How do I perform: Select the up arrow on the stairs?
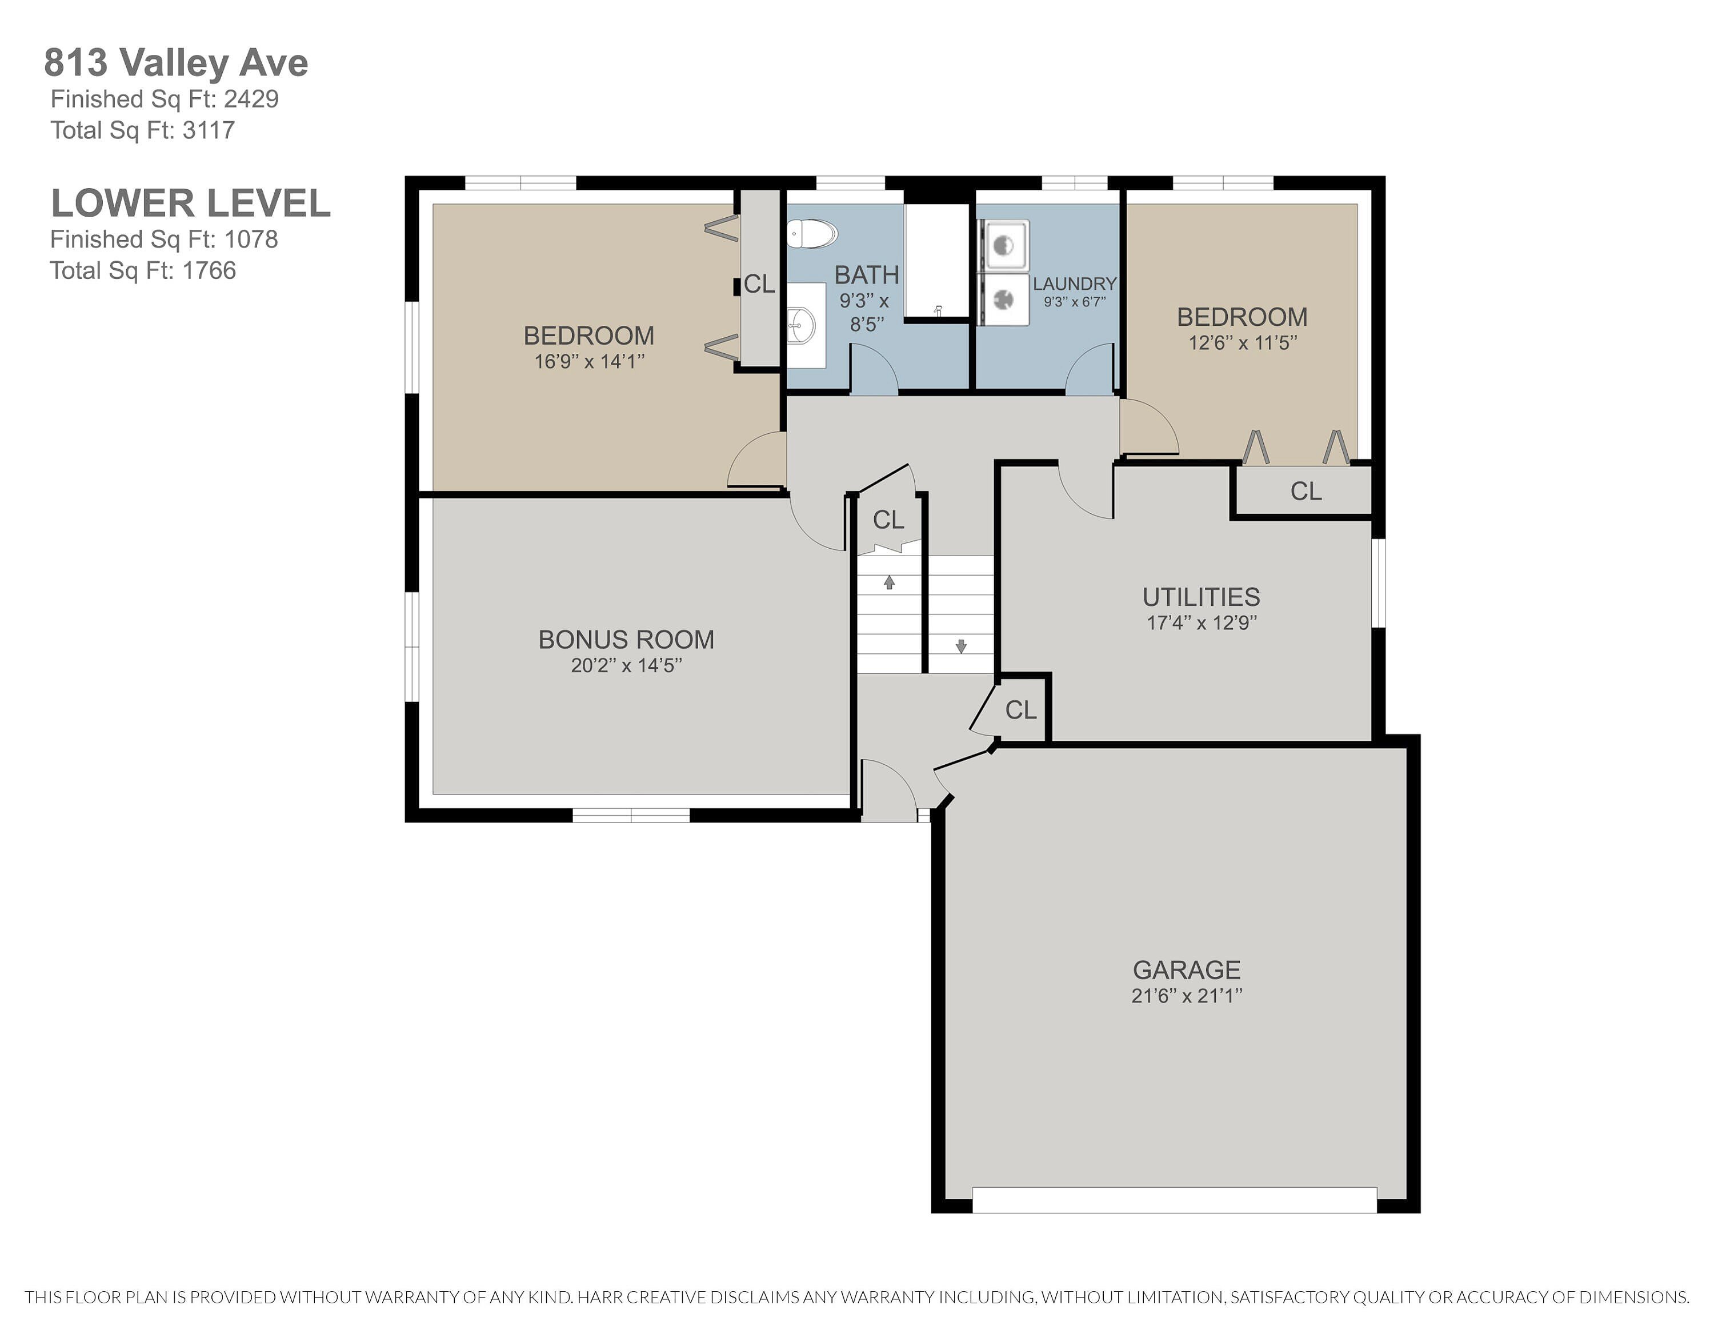pos(889,582)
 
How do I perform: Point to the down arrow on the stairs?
pos(960,646)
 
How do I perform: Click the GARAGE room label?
pos(1187,970)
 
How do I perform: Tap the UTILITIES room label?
pos(1201,597)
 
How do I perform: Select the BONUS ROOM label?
pos(626,640)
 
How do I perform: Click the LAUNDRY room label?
pos(1074,284)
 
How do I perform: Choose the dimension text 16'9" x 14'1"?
pos(590,361)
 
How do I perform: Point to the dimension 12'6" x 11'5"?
pos(1242,342)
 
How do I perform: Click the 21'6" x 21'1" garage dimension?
pos(1187,995)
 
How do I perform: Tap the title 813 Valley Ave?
pos(176,63)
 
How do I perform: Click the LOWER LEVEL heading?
pos(191,203)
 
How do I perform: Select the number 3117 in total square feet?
pos(209,130)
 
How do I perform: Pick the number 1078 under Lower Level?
pos(251,240)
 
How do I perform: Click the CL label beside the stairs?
pos(888,520)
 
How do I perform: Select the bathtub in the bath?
pos(936,261)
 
